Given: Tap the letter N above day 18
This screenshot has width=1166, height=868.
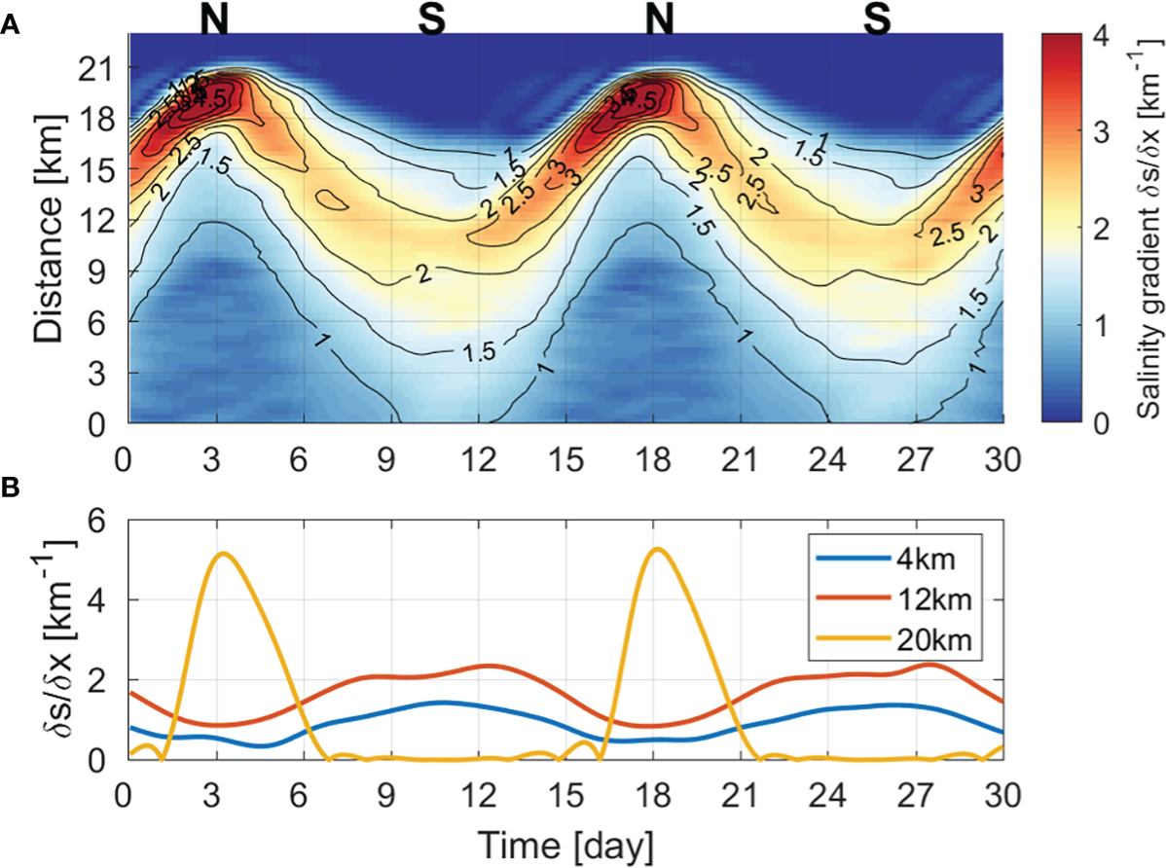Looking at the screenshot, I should (661, 20).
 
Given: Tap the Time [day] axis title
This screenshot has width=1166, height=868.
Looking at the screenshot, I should (565, 842).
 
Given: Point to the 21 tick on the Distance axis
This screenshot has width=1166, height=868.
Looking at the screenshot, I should (98, 69).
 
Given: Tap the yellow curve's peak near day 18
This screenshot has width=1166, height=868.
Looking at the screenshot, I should (659, 549).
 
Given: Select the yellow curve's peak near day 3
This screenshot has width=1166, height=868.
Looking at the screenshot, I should (224, 554).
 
